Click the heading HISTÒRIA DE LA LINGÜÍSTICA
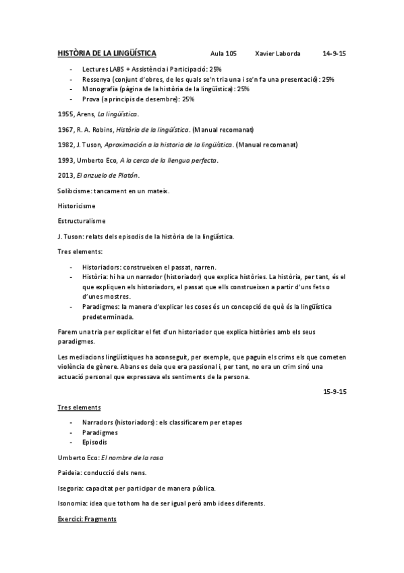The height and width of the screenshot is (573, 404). tap(107, 53)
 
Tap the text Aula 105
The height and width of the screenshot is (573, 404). tap(223, 53)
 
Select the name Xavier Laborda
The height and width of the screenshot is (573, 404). tap(278, 53)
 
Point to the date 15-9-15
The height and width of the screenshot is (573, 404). tap(335, 392)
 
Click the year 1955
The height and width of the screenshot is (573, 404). tap(66, 114)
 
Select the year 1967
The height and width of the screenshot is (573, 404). tap(66, 129)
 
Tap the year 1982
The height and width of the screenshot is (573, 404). tap(66, 145)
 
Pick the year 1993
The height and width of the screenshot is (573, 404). tap(66, 160)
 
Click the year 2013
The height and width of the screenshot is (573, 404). tap(66, 176)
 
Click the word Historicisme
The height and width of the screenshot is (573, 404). tap(77, 205)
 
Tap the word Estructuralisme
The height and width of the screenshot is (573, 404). tap(82, 221)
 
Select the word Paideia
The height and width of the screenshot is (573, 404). tap(71, 472)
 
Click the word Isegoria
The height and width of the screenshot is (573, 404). tap(73, 488)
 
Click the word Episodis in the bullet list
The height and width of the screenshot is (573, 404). tap(94, 443)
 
